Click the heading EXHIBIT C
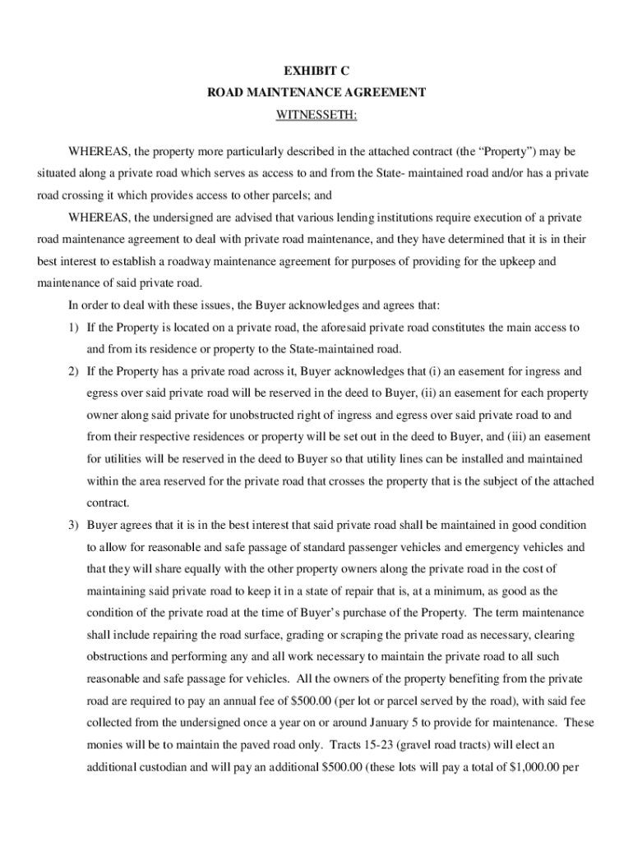pyautogui.click(x=316, y=71)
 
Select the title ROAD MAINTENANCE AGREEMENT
pyautogui.click(x=316, y=93)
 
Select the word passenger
pyautogui.click(x=358, y=546)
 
